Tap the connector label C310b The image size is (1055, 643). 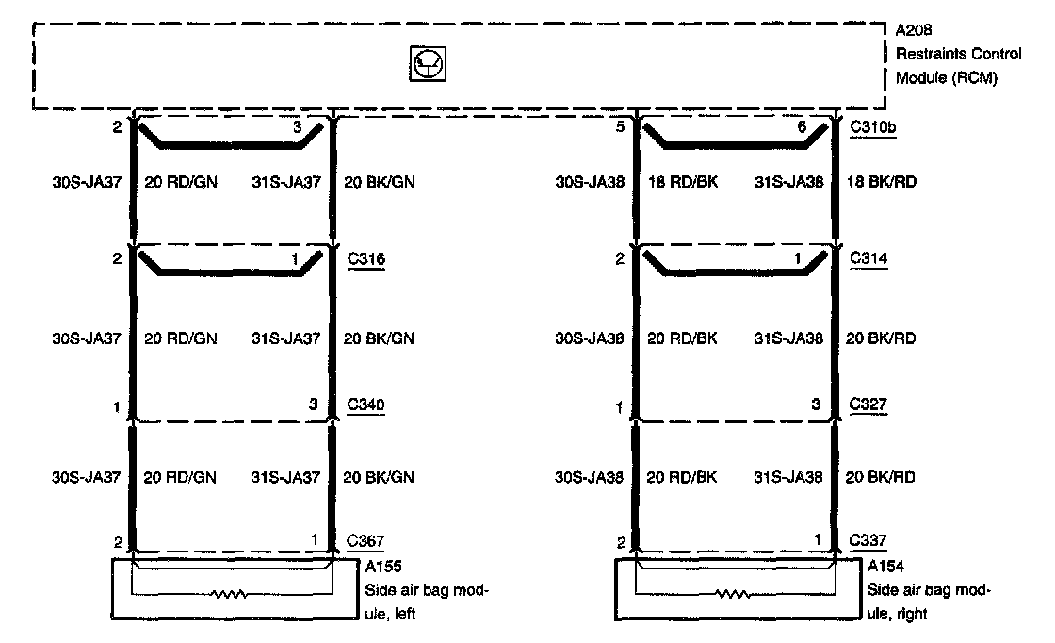872,126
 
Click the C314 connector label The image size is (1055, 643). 868,257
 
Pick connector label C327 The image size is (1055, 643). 868,405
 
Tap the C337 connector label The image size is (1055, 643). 868,541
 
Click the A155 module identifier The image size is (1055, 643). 381,568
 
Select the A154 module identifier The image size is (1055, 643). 885,568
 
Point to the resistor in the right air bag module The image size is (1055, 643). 734,595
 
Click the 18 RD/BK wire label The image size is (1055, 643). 682,182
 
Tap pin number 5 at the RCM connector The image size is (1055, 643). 620,126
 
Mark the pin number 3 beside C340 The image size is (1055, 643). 313,405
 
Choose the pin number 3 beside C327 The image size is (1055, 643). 817,405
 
